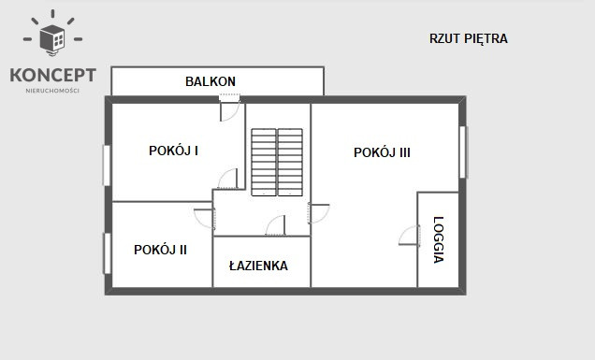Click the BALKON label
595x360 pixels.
(210, 81)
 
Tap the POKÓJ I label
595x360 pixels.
(173, 151)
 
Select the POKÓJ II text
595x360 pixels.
(160, 250)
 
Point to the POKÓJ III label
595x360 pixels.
(382, 152)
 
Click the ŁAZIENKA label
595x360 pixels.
(258, 266)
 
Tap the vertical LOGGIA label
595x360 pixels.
(438, 240)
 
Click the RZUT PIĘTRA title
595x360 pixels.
(468, 39)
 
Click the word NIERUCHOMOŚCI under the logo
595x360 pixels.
(52, 91)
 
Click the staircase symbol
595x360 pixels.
(277, 162)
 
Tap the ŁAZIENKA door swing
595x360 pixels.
(275, 225)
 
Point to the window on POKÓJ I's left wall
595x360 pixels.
(107, 165)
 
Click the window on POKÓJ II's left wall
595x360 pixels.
(107, 252)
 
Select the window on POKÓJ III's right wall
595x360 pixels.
(463, 151)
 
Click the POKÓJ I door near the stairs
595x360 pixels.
(228, 179)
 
